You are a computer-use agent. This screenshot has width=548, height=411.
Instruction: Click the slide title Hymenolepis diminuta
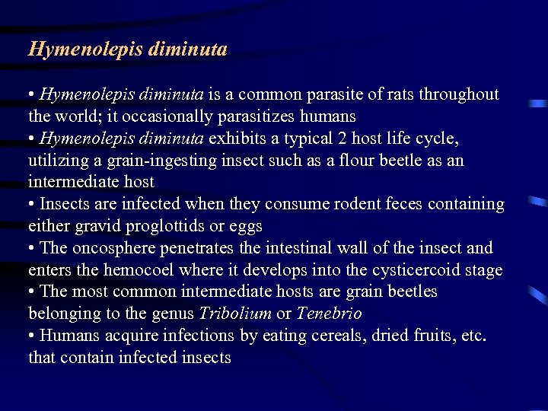click(x=127, y=49)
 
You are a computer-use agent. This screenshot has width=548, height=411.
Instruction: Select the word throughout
click(x=459, y=94)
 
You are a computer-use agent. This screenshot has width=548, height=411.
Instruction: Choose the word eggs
click(x=246, y=226)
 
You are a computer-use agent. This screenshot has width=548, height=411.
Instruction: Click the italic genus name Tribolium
click(x=235, y=314)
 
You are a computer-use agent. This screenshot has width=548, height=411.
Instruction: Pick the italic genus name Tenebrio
click(x=329, y=314)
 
